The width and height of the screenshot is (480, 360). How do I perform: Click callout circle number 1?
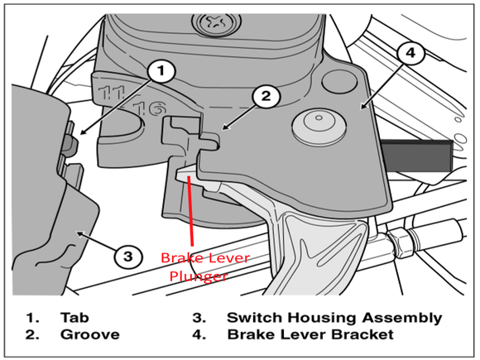click(163, 71)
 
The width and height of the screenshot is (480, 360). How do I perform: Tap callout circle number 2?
click(264, 97)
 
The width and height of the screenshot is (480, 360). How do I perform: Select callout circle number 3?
click(127, 257)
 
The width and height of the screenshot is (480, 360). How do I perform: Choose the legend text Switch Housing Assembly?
click(334, 317)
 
